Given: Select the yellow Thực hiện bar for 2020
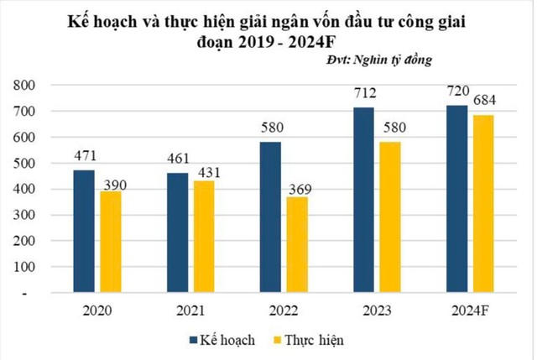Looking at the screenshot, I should [111, 243].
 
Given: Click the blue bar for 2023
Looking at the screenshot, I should [364, 201].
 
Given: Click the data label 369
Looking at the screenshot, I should [298, 182].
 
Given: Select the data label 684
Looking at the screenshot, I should [484, 101].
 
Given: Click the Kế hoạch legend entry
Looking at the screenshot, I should [224, 340].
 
